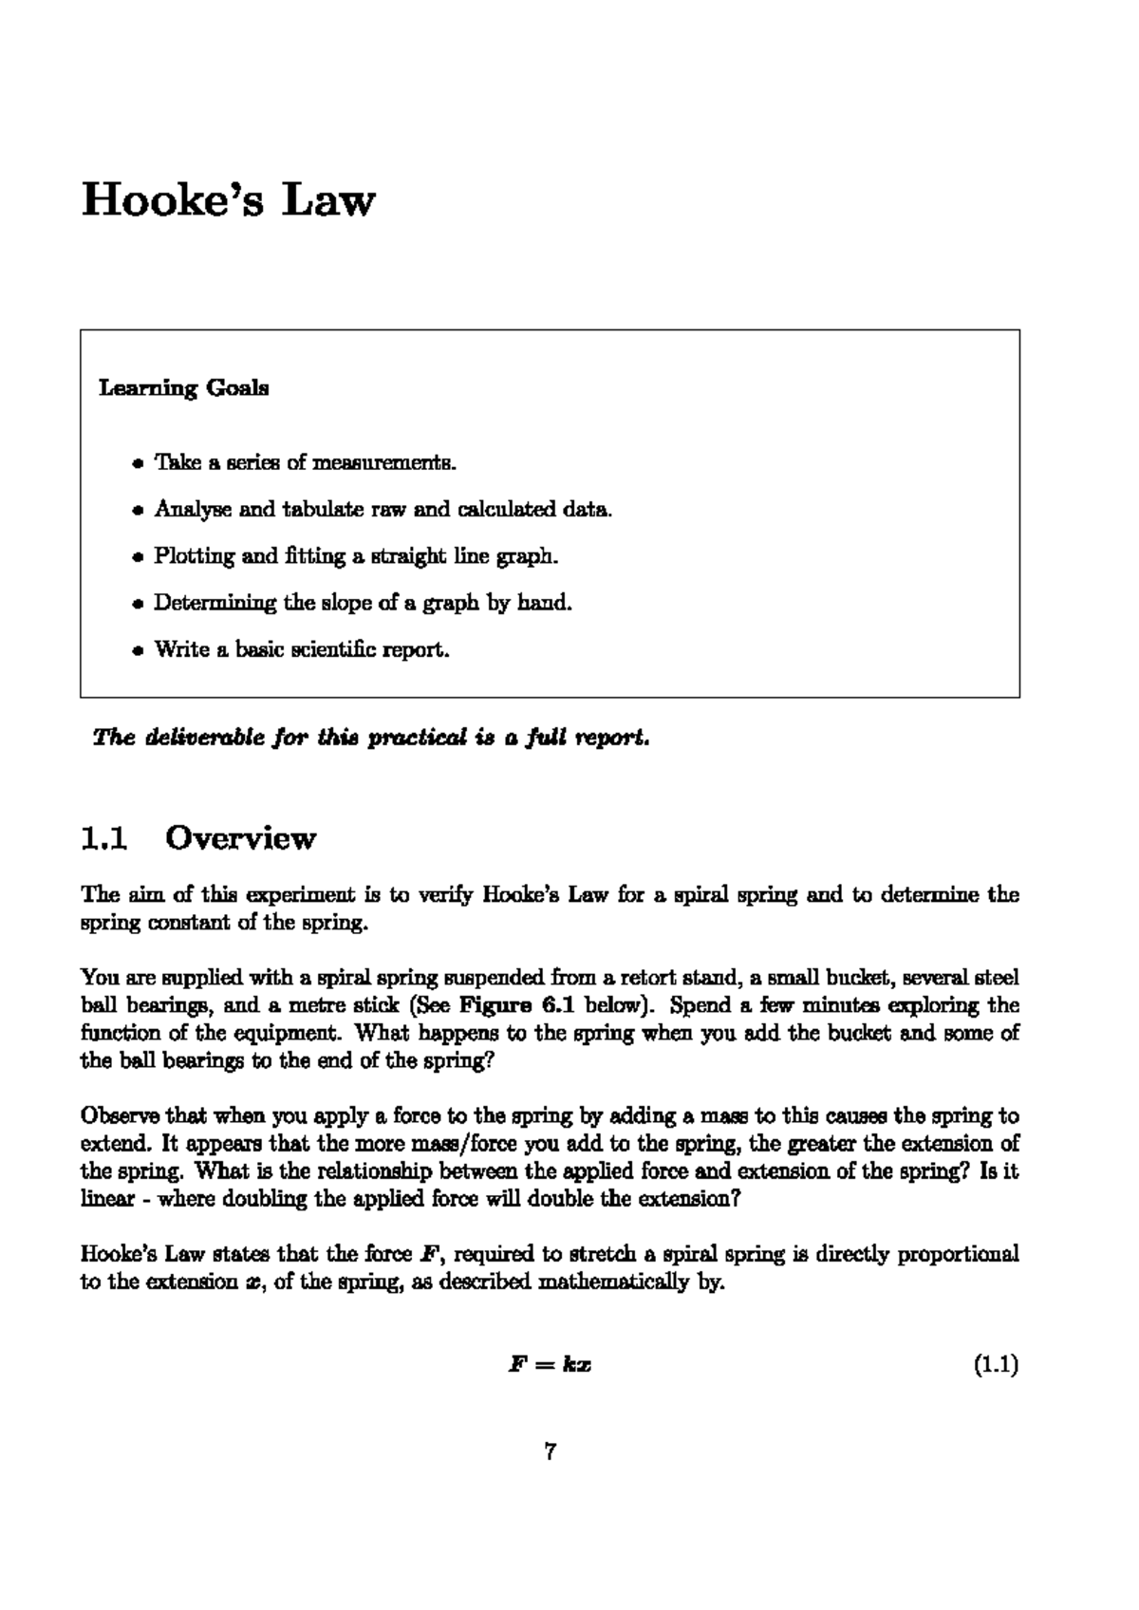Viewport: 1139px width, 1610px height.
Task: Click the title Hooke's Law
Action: click(x=229, y=201)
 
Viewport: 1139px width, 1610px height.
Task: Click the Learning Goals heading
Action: click(x=184, y=388)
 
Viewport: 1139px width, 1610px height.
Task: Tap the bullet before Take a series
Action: click(x=138, y=464)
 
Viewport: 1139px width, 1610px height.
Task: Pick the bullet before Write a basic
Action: click(x=138, y=651)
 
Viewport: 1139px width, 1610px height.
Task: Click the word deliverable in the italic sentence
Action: click(x=196, y=738)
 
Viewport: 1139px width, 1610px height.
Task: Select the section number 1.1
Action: click(x=104, y=838)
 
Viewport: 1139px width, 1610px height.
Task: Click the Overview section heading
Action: click(x=240, y=838)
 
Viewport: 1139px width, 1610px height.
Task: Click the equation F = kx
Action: click(x=551, y=1366)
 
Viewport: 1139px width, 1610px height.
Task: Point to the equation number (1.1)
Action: click(x=996, y=1366)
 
